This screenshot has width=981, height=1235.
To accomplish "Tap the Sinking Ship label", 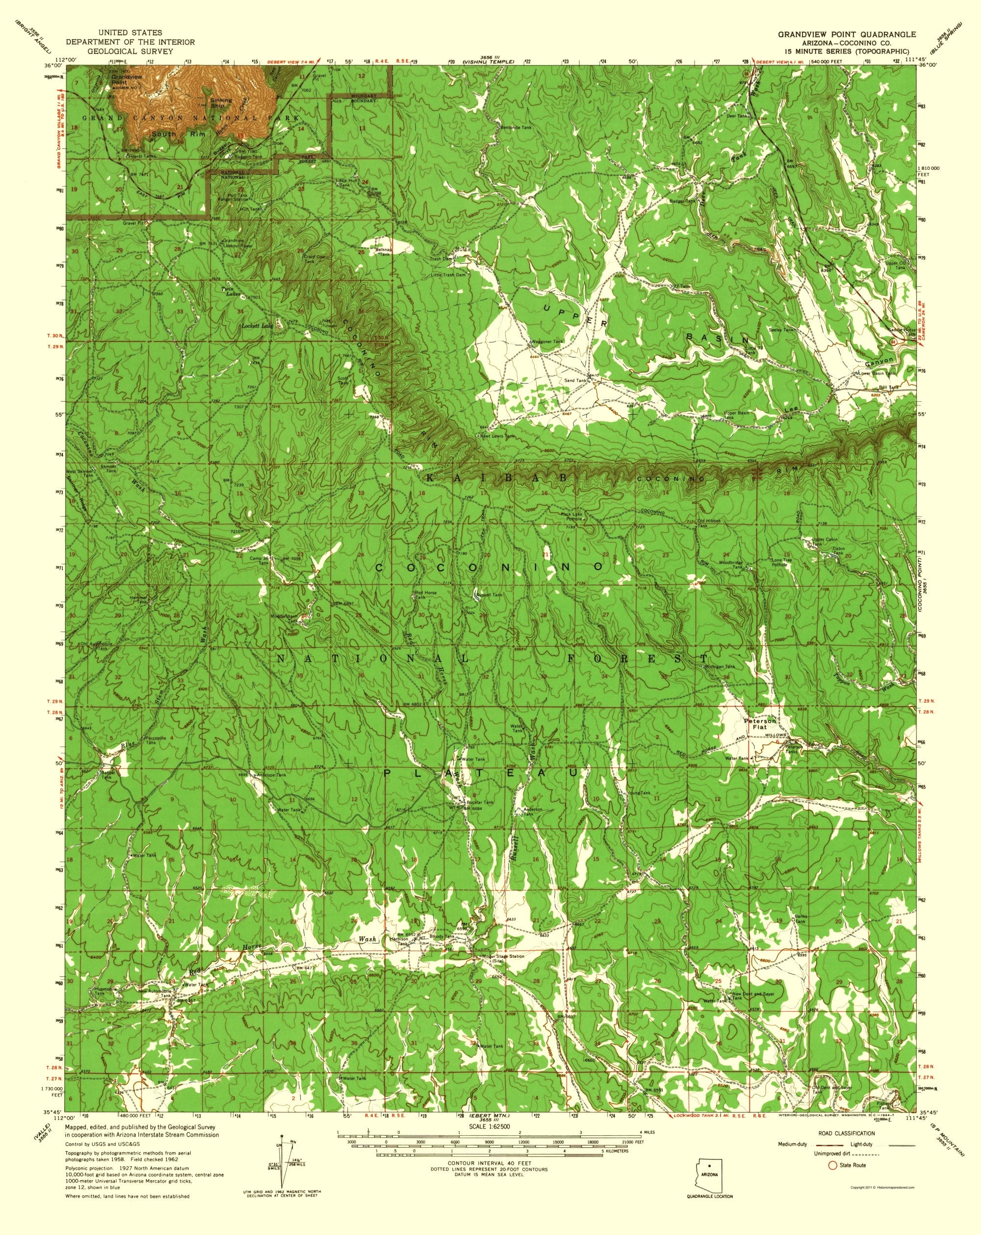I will [221, 103].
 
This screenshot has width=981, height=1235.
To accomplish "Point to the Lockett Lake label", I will [256, 325].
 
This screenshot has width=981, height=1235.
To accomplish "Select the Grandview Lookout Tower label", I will [236, 243].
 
